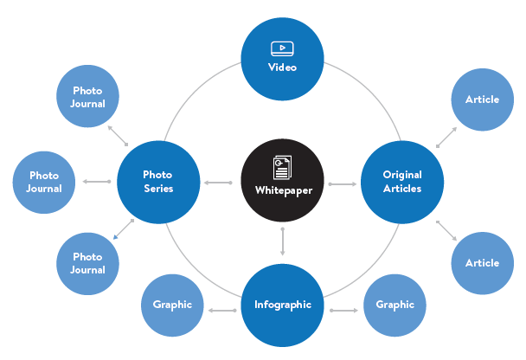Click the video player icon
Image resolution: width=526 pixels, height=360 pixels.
tap(282, 48)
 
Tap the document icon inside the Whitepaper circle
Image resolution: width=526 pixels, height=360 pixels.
tap(282, 167)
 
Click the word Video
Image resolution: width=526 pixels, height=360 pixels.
tap(282, 67)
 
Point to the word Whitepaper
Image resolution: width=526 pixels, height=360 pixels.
tap(284, 190)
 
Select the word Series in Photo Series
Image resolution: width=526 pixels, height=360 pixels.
tap(158, 189)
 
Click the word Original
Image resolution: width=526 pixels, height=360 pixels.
tap(402, 175)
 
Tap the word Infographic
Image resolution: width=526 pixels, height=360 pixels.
tap(283, 305)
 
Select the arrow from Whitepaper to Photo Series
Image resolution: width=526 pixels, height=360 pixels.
tap(218, 183)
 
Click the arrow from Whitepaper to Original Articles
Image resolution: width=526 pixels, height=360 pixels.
tap(343, 184)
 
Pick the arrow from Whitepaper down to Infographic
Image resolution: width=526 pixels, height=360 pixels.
tap(282, 241)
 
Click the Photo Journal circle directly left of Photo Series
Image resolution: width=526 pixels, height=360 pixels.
tap(44, 183)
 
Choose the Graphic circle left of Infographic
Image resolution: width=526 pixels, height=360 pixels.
tap(172, 305)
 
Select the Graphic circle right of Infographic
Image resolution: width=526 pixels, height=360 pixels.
tap(394, 305)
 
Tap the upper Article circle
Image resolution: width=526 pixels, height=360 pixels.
tap(483, 100)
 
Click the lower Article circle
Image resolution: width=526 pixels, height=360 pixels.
tap(483, 263)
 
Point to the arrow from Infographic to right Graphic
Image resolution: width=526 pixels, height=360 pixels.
tap(343, 311)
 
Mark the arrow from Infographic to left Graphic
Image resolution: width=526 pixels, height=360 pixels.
tap(222, 311)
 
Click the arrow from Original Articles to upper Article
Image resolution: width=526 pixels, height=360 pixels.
tap(446, 137)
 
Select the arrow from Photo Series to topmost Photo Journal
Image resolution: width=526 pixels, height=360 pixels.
tap(118, 136)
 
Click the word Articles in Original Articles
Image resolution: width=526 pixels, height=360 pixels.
tap(402, 189)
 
